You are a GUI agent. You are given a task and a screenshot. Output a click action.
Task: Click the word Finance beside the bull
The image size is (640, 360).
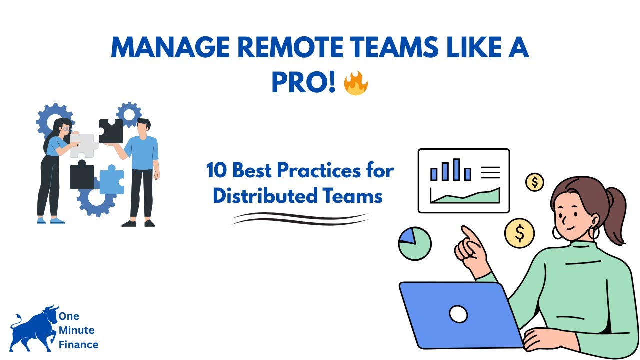[x=78, y=344]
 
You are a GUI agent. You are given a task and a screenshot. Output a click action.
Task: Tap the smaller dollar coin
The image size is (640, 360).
[x=535, y=182]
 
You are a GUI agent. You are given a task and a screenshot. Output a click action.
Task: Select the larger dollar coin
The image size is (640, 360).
[x=519, y=233]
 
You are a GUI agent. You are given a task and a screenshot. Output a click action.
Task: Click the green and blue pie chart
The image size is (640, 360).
[x=415, y=243]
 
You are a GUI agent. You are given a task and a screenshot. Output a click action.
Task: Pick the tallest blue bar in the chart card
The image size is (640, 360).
[x=456, y=169]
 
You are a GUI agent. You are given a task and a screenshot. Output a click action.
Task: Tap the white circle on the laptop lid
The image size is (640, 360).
[x=458, y=314]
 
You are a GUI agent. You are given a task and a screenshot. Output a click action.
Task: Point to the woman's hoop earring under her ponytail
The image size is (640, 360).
[x=594, y=233]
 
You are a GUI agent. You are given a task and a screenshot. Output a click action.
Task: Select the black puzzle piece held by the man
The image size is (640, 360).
[x=111, y=131]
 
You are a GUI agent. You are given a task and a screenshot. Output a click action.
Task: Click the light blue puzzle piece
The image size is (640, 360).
[x=112, y=181]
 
